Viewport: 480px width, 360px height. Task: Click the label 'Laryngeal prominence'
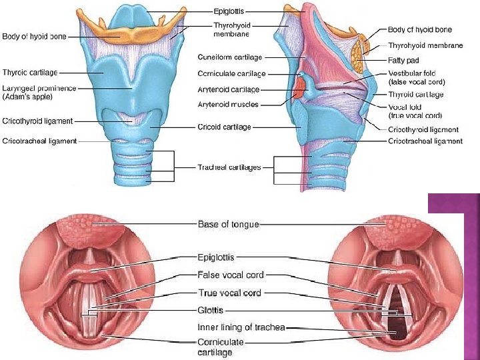39,88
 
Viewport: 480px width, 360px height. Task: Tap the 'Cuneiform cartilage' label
229,57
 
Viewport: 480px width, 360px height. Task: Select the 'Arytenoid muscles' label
228,105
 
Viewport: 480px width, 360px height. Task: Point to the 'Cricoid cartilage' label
224,127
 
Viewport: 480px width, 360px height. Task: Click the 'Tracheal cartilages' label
229,167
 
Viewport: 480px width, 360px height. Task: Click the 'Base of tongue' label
228,224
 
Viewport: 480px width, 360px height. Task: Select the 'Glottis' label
211,310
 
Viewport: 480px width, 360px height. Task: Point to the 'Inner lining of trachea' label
241,327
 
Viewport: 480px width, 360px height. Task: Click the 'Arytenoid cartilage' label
229,89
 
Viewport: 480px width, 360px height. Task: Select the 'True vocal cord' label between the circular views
229,293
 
